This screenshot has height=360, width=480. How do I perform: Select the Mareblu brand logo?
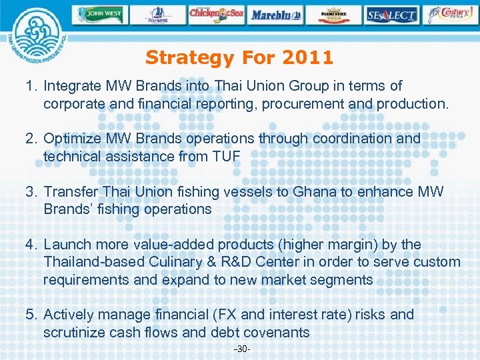pos(275,14)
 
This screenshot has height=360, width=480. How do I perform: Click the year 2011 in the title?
pos(307,58)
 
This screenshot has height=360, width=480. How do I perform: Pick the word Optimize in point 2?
pos(73,139)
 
